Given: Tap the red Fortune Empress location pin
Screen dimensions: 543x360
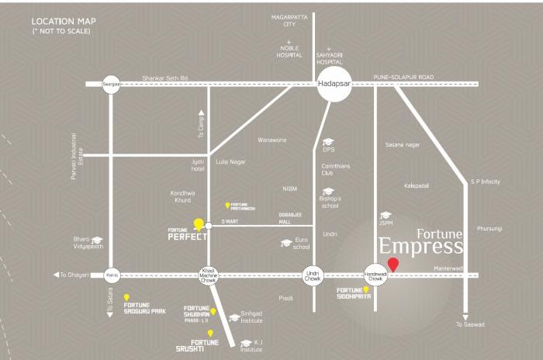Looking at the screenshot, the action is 393,265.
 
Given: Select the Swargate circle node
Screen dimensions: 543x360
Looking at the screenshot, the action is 111,84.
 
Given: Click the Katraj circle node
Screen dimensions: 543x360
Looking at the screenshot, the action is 112,275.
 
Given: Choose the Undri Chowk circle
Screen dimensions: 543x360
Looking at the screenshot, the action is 313,275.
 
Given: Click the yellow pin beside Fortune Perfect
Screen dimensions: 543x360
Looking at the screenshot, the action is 199,224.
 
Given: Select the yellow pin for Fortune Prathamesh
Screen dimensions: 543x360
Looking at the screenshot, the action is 227,206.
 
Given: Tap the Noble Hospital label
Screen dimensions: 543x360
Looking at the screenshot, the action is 289,52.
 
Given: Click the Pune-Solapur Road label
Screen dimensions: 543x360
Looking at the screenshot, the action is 403,78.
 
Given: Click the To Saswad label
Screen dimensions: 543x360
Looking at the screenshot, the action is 470,324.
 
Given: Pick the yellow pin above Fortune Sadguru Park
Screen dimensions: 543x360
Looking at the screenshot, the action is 126,297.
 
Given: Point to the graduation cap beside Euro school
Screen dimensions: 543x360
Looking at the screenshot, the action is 286,243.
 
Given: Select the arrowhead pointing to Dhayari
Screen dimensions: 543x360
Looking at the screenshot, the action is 56,275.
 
